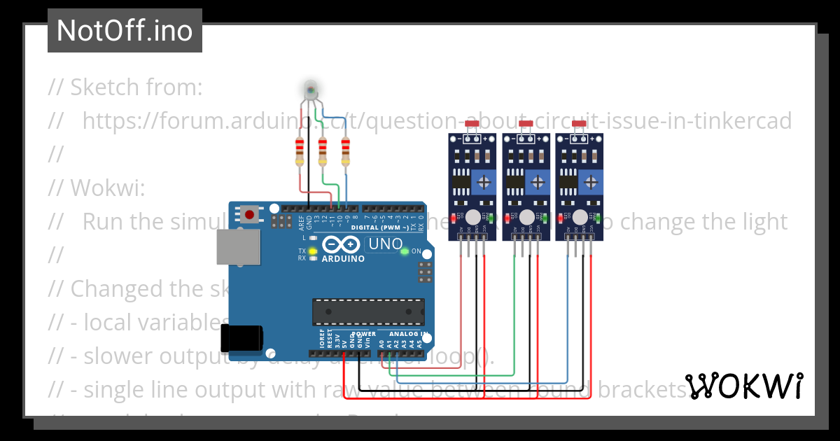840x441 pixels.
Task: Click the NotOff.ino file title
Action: click(x=125, y=30)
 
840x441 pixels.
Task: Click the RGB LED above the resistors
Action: click(x=311, y=90)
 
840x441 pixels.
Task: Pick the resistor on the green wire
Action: click(x=323, y=151)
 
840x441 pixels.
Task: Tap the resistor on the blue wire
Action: click(x=345, y=151)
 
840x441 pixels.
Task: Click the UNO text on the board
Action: click(x=386, y=244)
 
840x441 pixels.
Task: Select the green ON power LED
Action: click(x=405, y=251)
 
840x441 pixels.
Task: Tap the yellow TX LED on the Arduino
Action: click(x=313, y=251)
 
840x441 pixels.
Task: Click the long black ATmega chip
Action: click(x=368, y=311)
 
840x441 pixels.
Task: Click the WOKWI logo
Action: click(x=743, y=386)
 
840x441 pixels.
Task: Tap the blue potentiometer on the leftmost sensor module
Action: click(x=484, y=183)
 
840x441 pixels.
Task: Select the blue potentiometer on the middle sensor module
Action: click(x=538, y=183)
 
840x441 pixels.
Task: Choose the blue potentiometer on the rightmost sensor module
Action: click(x=591, y=183)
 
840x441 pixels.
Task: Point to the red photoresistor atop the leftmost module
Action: click(x=471, y=124)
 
